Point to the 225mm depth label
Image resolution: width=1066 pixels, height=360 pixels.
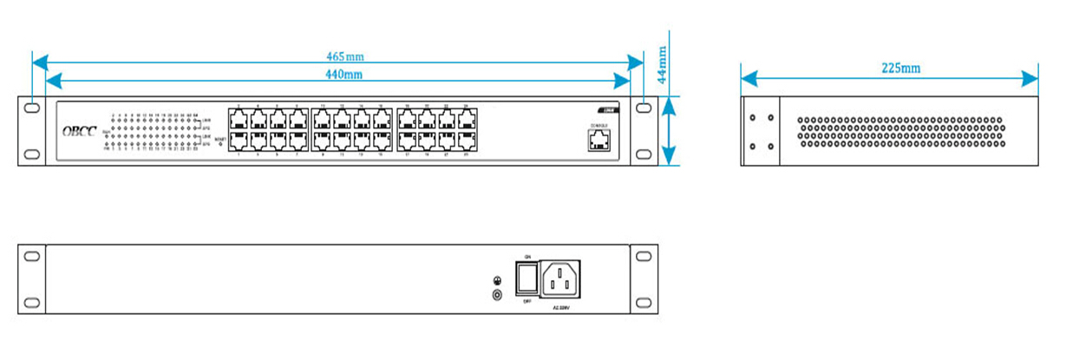900,68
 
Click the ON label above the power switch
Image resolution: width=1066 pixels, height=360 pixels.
527,257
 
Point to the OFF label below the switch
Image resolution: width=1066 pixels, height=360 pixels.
527,302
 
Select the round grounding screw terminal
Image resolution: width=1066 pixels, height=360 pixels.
497,295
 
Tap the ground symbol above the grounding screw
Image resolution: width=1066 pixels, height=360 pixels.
497,280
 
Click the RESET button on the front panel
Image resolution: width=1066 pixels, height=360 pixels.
219,144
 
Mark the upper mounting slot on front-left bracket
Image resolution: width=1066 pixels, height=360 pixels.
32,109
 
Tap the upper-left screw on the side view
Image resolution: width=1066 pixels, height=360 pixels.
752,117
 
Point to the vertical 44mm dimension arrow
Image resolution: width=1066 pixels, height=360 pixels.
668,130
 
